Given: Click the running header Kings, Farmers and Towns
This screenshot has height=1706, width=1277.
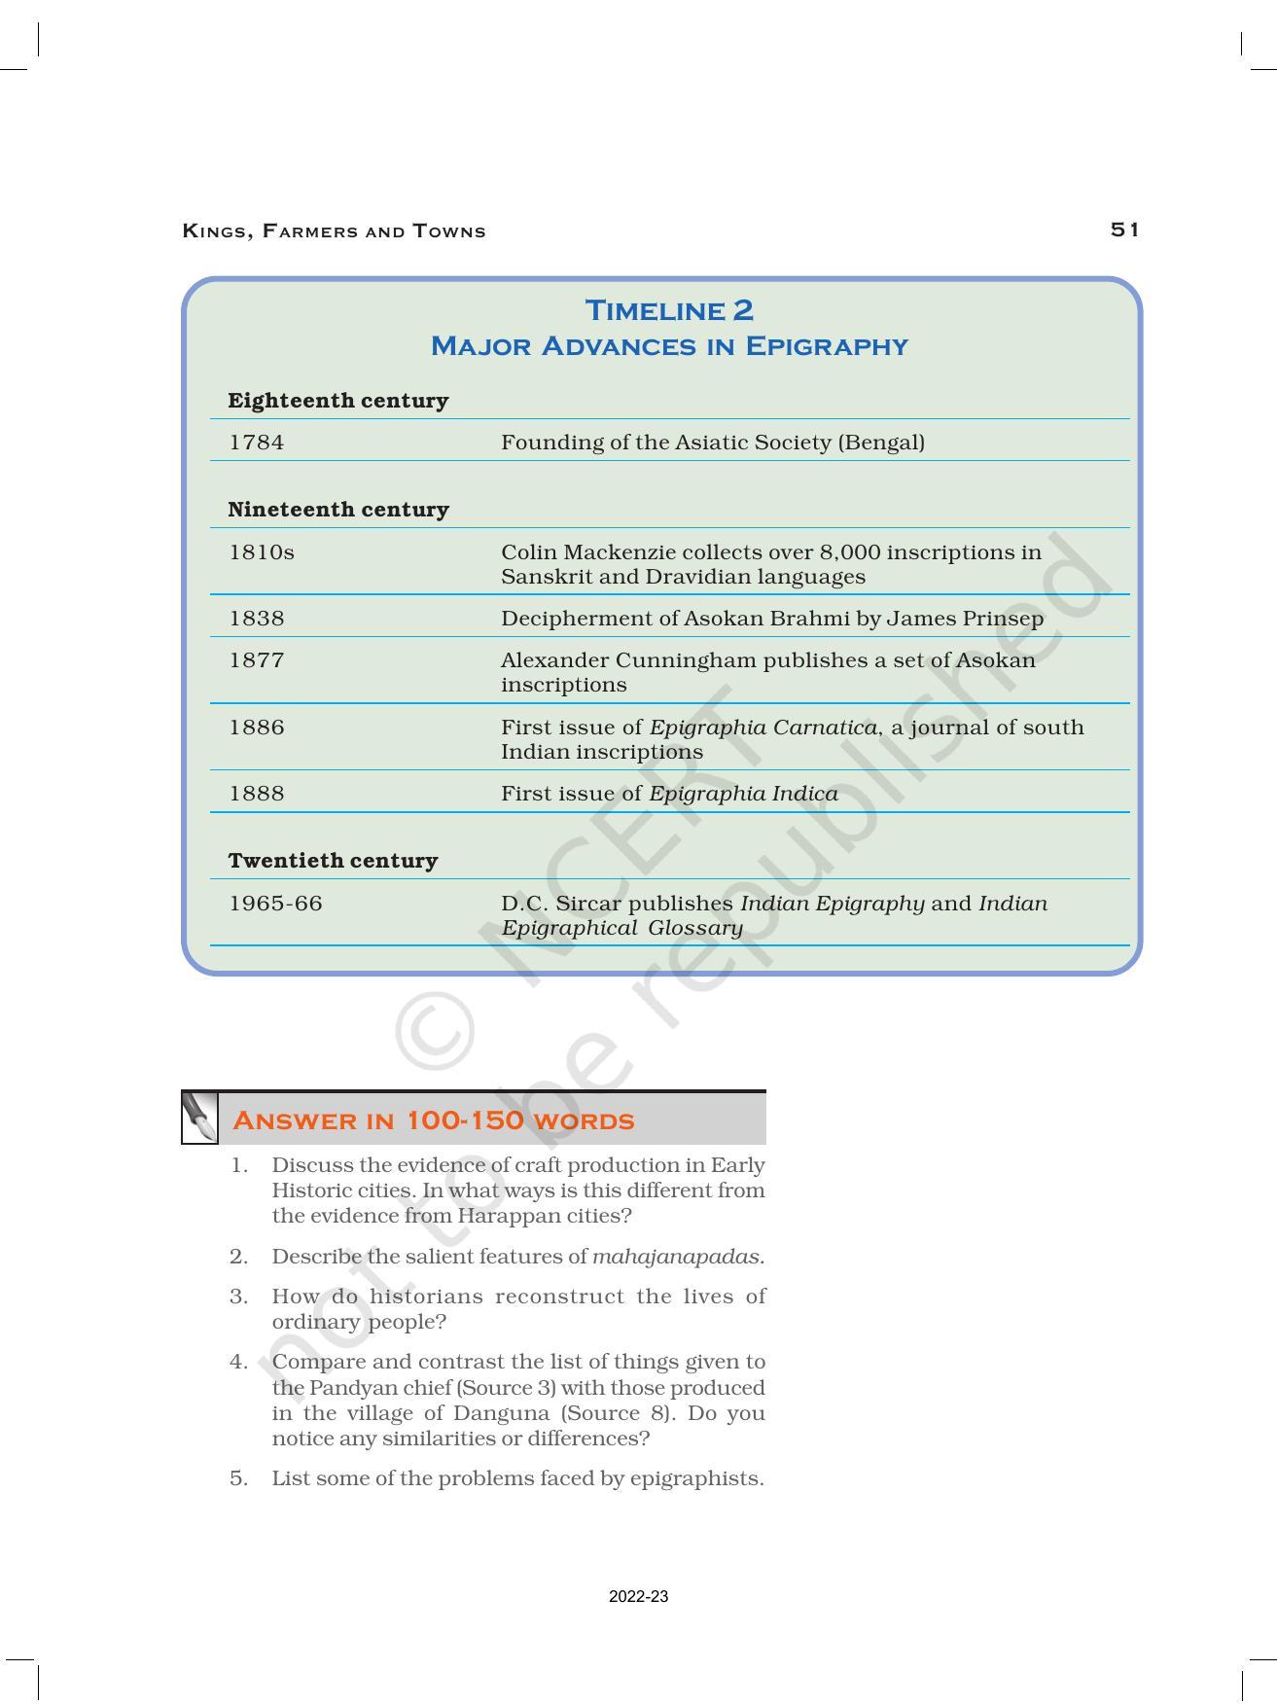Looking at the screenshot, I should (334, 231).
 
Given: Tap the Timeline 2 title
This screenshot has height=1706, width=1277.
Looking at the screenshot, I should (669, 310).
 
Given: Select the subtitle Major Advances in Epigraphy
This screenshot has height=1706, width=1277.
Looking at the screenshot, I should (669, 346).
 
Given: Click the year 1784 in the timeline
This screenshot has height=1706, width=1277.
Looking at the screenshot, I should (257, 443).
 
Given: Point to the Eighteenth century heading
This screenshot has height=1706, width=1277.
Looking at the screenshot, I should (337, 401).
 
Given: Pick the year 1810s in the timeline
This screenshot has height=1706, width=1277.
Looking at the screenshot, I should (262, 552).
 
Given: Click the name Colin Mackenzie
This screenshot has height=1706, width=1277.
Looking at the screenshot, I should (582, 552).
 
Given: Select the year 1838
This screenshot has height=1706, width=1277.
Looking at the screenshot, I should (257, 619).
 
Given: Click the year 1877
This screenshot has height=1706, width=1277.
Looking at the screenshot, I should (257, 660).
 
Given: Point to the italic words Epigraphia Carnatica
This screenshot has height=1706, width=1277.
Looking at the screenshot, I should (763, 728).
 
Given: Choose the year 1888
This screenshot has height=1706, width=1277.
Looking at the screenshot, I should (257, 794).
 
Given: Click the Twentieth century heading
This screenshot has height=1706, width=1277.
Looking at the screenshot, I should (333, 861).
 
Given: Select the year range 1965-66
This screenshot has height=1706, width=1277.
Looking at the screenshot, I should (275, 904).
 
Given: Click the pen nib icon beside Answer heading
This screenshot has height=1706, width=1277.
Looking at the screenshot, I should (200, 1119).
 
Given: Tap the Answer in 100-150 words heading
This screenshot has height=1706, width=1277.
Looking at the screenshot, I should (434, 1120).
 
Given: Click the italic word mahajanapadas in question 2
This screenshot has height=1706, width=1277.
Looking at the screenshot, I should (677, 1257).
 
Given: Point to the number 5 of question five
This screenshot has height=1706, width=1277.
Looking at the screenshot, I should (238, 1478).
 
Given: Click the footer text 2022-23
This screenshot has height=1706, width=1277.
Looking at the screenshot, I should (638, 1597).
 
